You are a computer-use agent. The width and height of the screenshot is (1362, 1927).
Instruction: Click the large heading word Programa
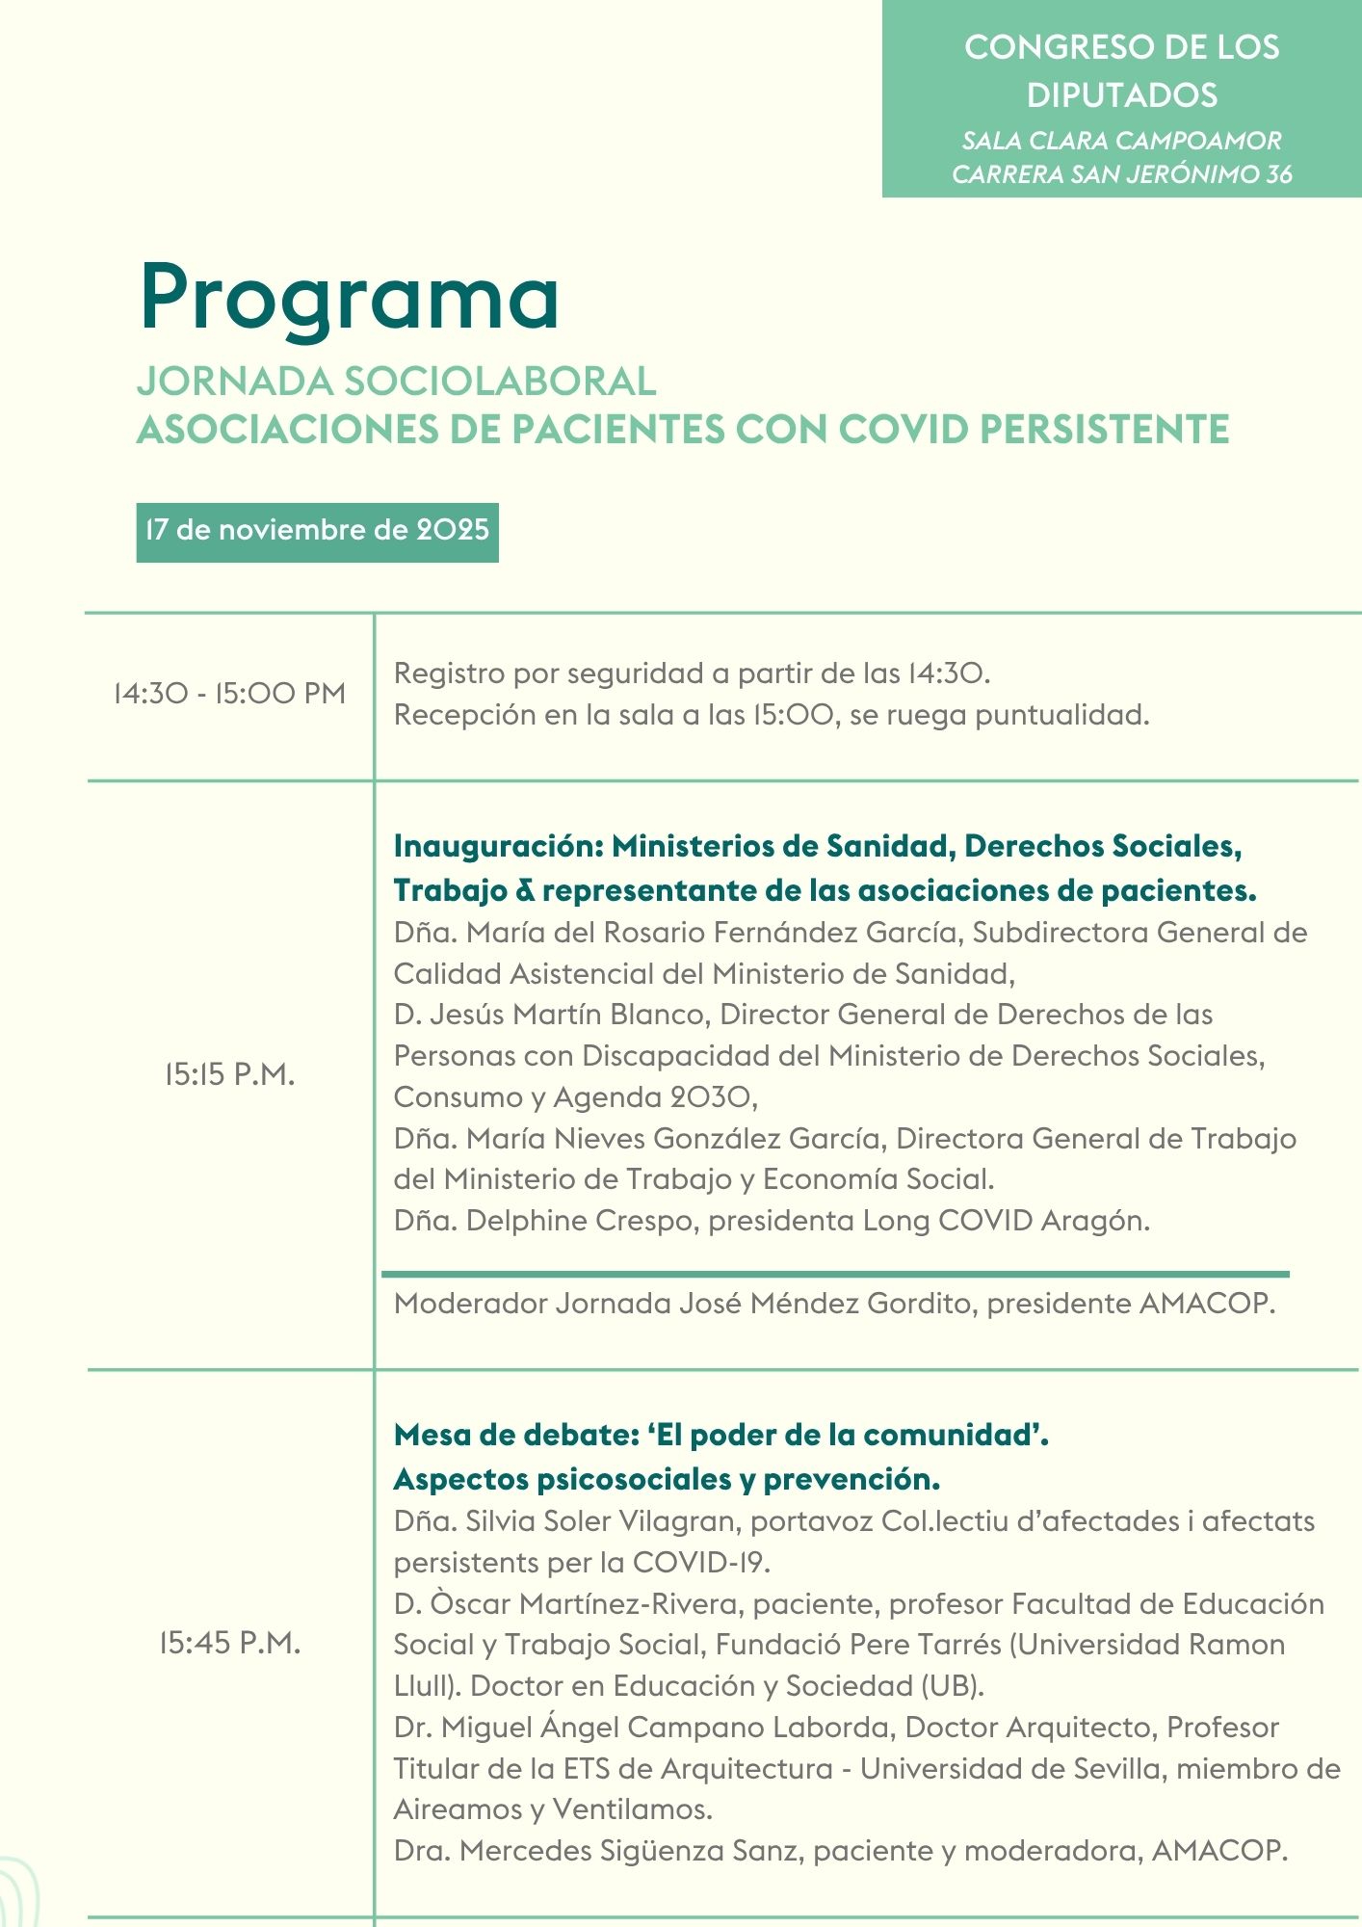[x=349, y=298]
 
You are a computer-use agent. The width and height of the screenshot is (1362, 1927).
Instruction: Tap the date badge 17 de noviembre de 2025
[x=317, y=531]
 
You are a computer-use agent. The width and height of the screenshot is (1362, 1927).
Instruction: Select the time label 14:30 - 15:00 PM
[x=229, y=694]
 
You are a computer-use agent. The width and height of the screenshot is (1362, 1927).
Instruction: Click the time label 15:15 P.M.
[x=229, y=1074]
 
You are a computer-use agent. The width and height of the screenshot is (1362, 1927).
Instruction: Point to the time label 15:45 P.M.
[x=229, y=1643]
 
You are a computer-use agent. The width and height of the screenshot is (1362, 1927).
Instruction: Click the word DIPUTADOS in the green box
[x=1121, y=95]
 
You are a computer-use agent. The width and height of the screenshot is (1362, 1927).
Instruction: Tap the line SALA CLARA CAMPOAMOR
[x=1121, y=141]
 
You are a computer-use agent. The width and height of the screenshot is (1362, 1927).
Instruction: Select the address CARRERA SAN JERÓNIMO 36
[x=1121, y=174]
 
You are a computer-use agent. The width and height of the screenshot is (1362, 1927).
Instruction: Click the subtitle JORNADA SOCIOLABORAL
[x=396, y=382]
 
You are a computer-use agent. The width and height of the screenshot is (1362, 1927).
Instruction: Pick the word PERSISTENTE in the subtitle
[x=1105, y=430]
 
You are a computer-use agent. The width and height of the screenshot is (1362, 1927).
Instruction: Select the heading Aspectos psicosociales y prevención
[x=667, y=1479]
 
